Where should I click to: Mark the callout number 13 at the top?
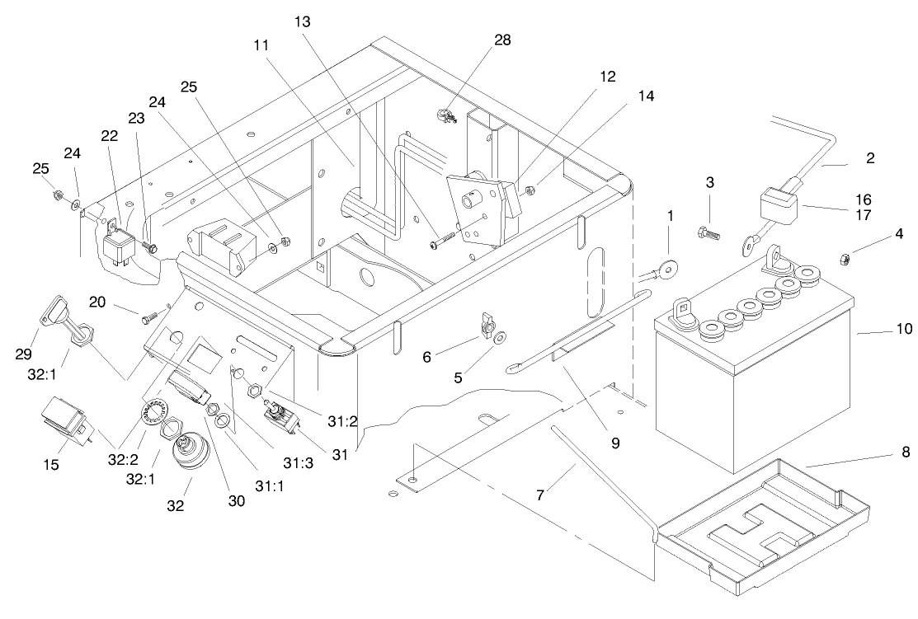[302, 22]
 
